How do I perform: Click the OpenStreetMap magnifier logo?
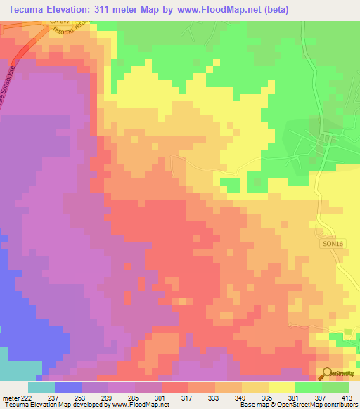(328, 372)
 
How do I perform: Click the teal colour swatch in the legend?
(41, 387)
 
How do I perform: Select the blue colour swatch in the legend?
(68, 387)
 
